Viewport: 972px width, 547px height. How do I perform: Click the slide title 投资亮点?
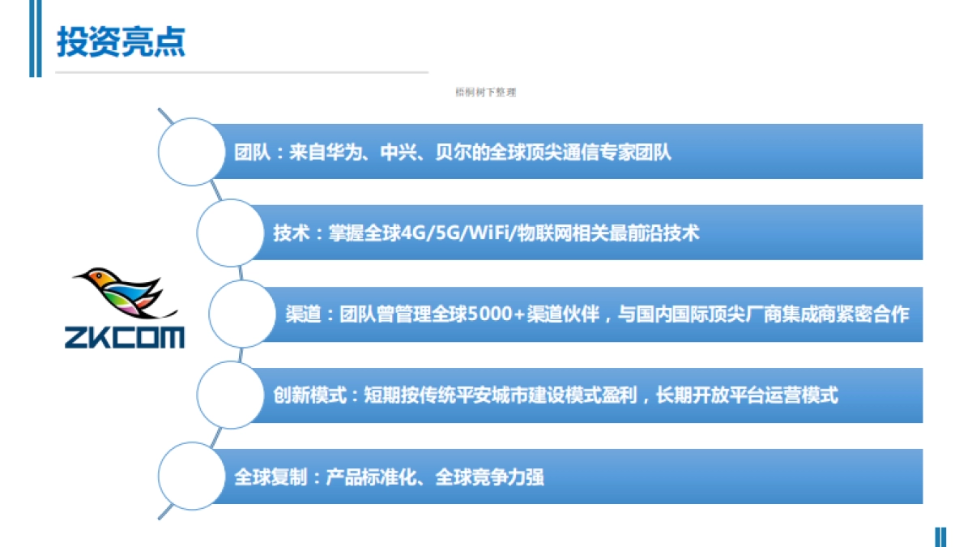121,42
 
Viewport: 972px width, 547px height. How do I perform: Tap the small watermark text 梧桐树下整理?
486,93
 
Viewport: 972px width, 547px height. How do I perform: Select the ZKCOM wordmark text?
125,336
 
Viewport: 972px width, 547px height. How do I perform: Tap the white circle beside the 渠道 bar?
242,314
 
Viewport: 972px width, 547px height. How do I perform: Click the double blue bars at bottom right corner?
940,536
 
